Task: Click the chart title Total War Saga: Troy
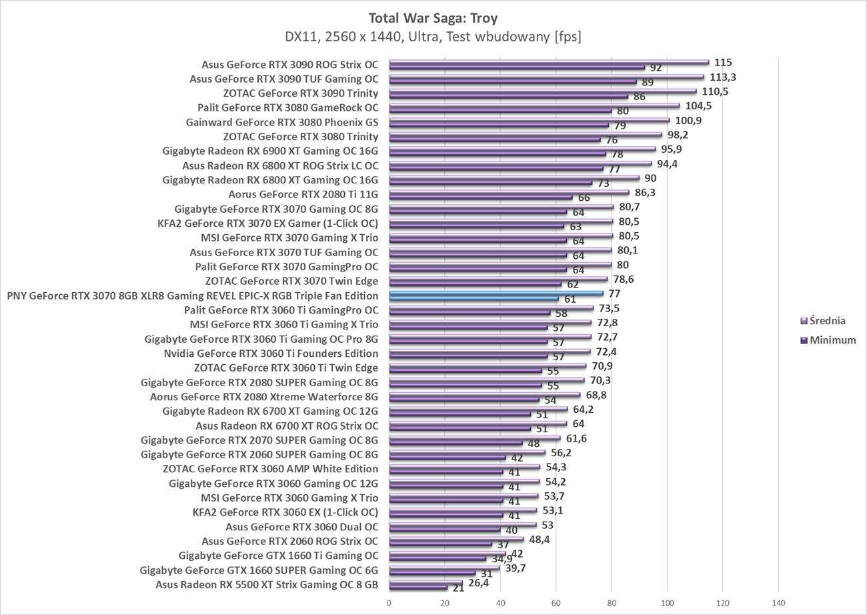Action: [433, 17]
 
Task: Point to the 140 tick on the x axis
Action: [778, 603]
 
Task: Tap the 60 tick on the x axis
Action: [556, 603]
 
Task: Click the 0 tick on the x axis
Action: [389, 603]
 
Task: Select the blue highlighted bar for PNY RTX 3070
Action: [496, 293]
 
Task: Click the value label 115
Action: [723, 63]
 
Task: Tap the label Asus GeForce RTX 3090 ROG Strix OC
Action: [289, 65]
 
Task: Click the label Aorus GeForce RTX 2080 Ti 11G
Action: [303, 195]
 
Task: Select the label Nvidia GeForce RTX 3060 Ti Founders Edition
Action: [271, 354]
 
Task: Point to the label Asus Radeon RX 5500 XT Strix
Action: [267, 585]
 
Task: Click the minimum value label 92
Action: [656, 68]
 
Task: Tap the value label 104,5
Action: [698, 106]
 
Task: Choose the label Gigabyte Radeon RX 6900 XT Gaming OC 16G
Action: [269, 151]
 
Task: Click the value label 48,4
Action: [538, 540]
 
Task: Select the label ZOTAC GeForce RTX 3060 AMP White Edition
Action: [270, 469]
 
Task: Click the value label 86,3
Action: [645, 193]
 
